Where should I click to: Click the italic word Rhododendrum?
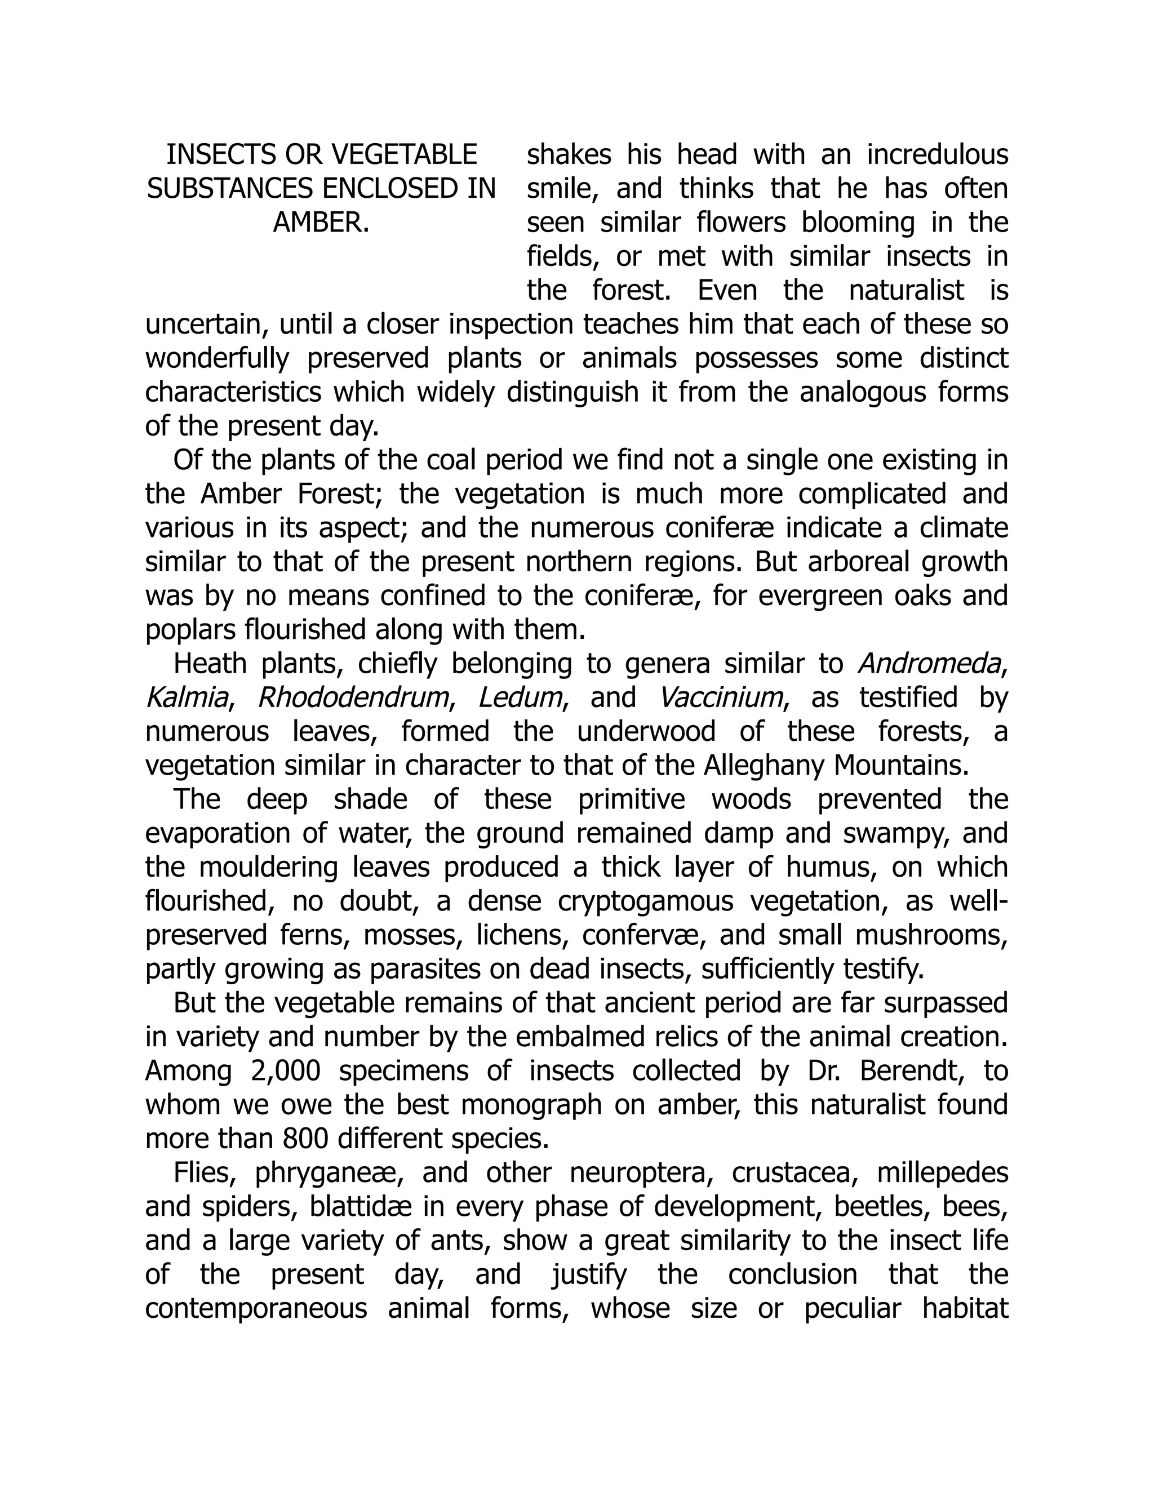(x=352, y=698)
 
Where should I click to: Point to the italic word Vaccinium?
(x=721, y=698)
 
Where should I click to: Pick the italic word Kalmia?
(x=186, y=698)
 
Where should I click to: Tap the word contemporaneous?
(x=256, y=1308)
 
